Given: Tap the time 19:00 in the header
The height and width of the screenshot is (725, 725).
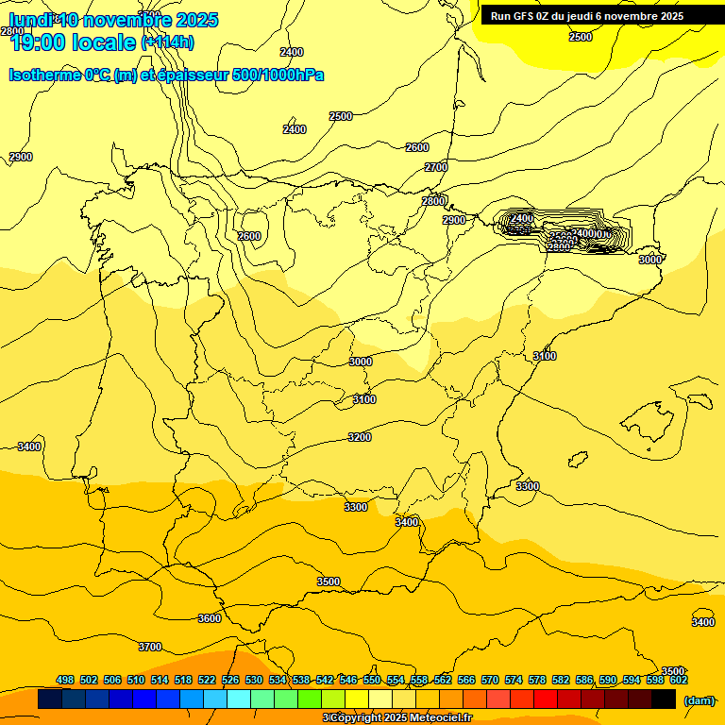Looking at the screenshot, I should coord(40,42).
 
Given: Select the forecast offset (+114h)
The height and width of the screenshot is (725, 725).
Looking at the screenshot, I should coord(167,42).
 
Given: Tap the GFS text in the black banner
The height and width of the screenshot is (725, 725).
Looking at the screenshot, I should coord(526,16).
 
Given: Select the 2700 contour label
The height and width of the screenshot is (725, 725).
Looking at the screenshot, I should coord(436,167).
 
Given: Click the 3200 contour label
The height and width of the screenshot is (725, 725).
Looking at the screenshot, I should coord(360,437).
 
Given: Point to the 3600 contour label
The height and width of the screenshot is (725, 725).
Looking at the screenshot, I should coord(210,618).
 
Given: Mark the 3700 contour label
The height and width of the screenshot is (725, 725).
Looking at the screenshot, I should coord(150,647).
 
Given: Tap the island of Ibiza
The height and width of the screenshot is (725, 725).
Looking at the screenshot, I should coord(578,459).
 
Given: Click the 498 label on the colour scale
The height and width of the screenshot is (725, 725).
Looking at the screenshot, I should coord(65,680).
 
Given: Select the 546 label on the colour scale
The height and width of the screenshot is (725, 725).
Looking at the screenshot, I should coord(348,680).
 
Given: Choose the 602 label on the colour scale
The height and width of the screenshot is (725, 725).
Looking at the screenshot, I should coord(678,680).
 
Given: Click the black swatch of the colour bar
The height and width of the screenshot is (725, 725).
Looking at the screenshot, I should coord(664,700).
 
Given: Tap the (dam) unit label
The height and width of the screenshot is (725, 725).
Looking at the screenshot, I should coord(699,700).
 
